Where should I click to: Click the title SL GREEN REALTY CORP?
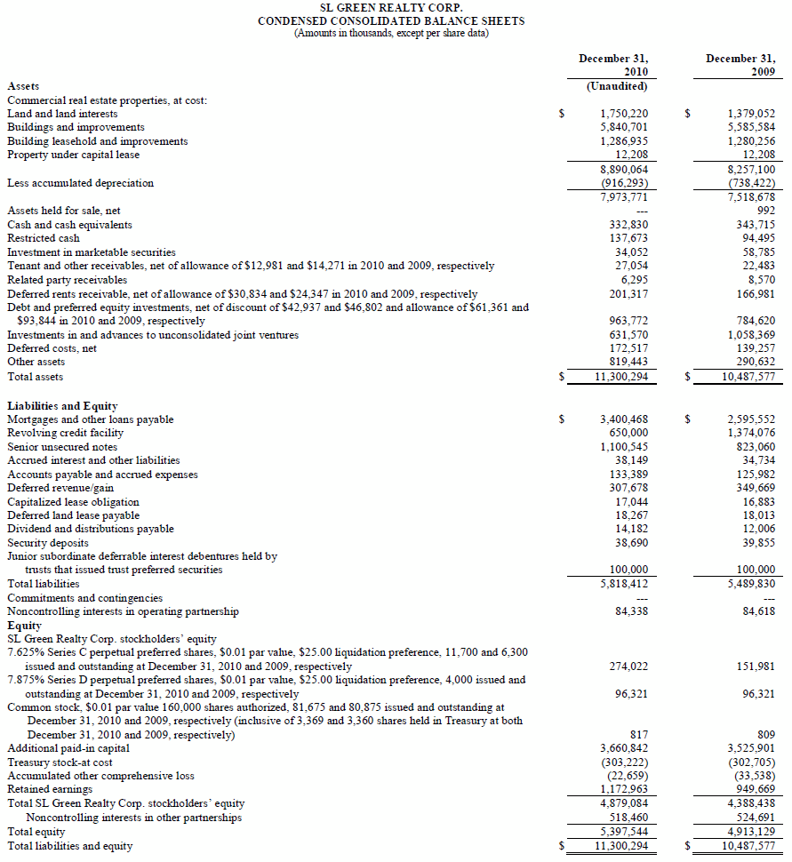click(390, 7)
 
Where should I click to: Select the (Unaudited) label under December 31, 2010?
click(617, 86)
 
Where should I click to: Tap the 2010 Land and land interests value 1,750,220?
click(625, 114)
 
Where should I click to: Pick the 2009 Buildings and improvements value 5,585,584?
click(751, 127)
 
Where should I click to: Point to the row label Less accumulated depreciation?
click(80, 183)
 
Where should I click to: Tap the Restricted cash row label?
click(44, 238)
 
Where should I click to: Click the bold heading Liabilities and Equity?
click(62, 406)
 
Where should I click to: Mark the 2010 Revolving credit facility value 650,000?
click(628, 433)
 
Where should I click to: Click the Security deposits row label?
click(48, 542)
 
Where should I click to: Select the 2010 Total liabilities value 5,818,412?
click(625, 584)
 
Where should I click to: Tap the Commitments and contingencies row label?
click(85, 598)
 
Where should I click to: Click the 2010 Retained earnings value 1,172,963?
click(625, 789)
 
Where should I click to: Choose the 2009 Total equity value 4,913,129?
click(751, 832)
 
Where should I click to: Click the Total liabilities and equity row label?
click(70, 846)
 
